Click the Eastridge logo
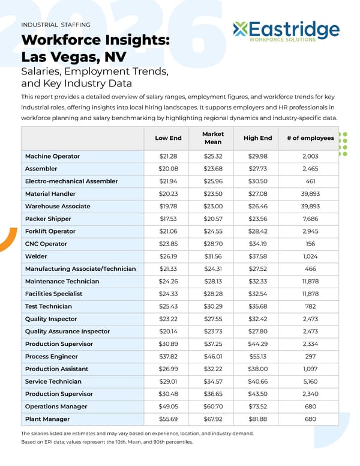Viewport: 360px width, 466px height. [286, 31]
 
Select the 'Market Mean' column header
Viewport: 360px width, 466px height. [213, 138]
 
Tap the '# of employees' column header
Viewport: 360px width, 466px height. [310, 138]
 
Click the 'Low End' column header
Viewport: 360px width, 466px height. [168, 138]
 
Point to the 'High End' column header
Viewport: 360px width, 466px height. [257, 138]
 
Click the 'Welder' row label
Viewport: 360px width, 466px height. [36, 256]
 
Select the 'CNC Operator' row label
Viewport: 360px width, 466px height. [46, 244]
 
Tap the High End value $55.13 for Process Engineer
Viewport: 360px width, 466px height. [257, 356]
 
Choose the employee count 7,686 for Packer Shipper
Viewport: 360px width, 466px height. [310, 219]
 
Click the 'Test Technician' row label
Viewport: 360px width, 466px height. [49, 306]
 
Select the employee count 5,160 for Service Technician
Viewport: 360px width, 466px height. [310, 381]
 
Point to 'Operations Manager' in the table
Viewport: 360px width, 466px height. [56, 407]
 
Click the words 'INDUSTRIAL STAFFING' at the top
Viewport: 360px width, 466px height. [56, 25]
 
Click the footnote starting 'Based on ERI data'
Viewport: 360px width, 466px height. [107, 442]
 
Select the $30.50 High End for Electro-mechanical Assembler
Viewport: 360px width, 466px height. [257, 181]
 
